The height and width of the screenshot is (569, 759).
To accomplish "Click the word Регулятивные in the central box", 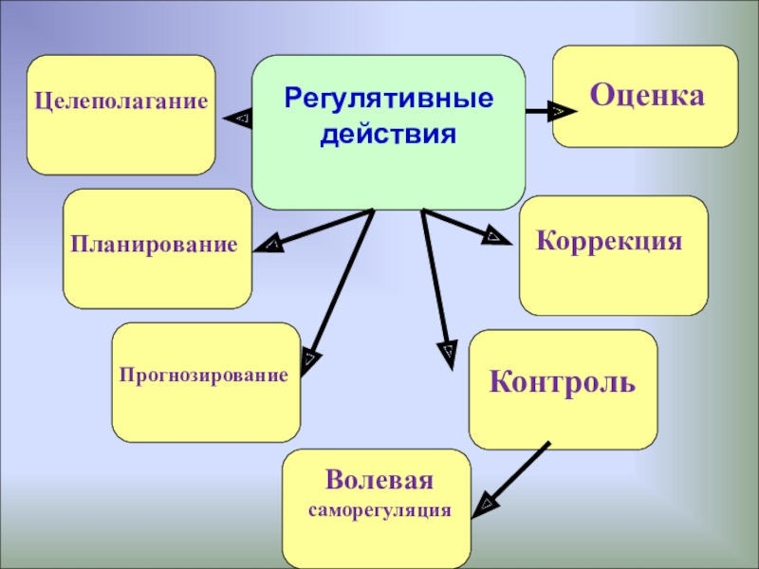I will point(389,99).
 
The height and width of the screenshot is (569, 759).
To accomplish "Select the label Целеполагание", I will point(121,99).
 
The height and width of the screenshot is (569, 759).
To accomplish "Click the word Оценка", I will point(647,95).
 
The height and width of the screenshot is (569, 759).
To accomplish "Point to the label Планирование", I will point(154,245).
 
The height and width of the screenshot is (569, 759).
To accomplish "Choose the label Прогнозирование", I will point(203,375).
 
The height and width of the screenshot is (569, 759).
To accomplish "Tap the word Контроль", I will point(563,382).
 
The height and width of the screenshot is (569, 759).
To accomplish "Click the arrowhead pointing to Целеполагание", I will point(238,118).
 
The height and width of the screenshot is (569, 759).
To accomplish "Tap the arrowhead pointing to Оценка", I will point(562,112).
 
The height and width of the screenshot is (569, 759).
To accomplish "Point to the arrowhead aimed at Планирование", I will point(269,246).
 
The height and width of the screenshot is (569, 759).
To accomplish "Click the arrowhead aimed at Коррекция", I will point(494,236).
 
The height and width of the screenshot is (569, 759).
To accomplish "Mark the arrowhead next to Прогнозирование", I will point(311,359).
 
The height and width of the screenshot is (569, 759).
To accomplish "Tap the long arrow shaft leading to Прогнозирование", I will point(342,284).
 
